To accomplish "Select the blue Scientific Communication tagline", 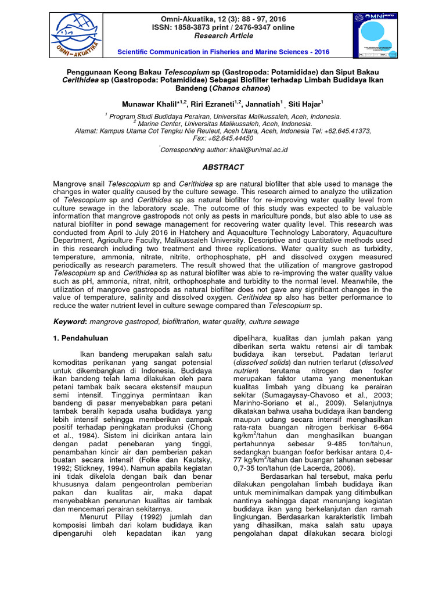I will (x=223, y=52).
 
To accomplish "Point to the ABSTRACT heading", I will (x=222, y=167).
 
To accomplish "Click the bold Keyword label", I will (x=69, y=321).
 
